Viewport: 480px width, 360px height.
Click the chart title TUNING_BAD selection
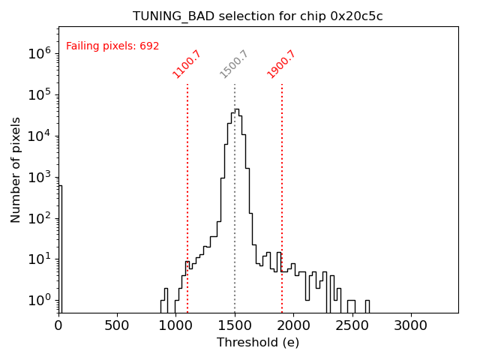[x=258, y=16]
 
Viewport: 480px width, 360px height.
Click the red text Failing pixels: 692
[x=112, y=46]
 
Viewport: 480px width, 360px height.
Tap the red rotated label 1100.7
[x=187, y=64]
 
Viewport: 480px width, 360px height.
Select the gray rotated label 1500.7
[x=234, y=64]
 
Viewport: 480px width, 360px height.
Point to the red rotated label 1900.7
[x=282, y=64]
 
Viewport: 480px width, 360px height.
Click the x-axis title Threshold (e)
[x=258, y=343]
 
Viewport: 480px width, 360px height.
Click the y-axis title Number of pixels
[x=16, y=169]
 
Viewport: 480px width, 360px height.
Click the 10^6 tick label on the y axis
[x=40, y=53]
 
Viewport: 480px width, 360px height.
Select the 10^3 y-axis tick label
[x=40, y=177]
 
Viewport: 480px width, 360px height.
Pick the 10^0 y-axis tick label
[x=40, y=300]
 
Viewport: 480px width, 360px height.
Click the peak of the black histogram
[x=236, y=109]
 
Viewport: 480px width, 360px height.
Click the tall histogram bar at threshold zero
[x=60, y=247]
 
